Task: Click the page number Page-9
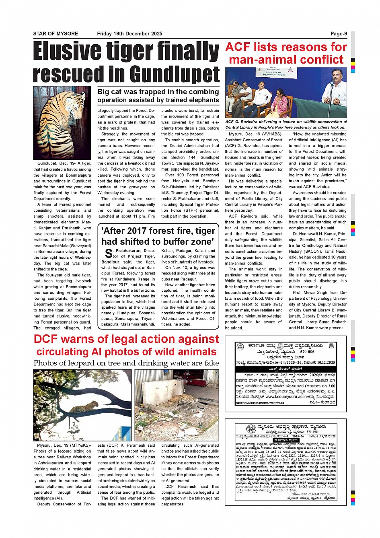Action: point(339,34)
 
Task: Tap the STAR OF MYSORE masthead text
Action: point(55,34)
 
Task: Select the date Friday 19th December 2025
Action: point(129,34)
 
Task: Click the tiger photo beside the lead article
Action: point(62,122)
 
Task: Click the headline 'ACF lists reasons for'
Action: point(286,47)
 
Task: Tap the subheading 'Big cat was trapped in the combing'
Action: point(158,92)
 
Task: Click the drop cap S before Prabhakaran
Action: point(108,254)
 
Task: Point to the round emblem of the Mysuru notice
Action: point(251,429)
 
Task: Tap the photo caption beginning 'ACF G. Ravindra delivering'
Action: point(286,124)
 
